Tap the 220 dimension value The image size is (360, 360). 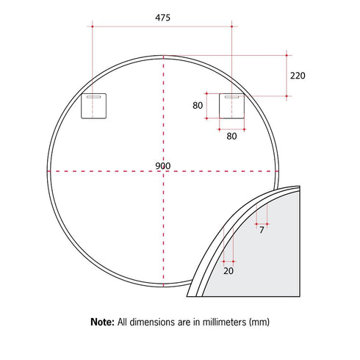click(x=298, y=75)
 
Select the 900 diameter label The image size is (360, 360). click(x=163, y=166)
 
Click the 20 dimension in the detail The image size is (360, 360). click(x=228, y=270)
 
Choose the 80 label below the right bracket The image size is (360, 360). click(x=231, y=135)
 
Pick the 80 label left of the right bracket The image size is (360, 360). click(x=198, y=105)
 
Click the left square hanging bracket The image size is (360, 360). click(x=94, y=105)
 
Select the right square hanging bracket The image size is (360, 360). click(x=232, y=105)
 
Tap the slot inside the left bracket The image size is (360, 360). click(x=93, y=96)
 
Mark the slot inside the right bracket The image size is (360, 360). click(x=232, y=96)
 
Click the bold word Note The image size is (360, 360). click(x=101, y=322)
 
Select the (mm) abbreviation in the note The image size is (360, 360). click(x=262, y=322)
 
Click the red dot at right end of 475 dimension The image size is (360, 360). click(x=232, y=26)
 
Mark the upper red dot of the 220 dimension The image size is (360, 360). click(x=286, y=54)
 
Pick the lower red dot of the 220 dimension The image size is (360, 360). click(x=286, y=96)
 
